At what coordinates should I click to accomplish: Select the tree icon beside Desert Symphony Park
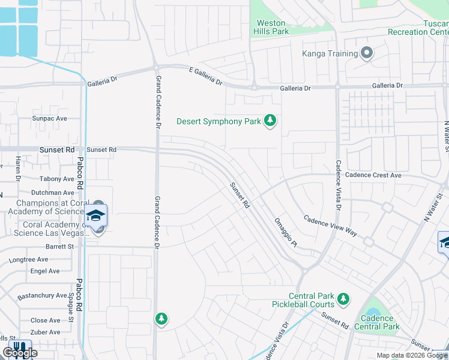271,121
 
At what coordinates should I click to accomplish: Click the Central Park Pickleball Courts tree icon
343,299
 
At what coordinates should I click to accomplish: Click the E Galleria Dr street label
205,76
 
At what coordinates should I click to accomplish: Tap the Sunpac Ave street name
49,119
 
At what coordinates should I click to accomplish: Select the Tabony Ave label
56,179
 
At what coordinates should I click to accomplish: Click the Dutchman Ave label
52,193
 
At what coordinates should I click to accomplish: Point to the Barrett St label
59,247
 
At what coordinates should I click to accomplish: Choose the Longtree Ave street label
28,260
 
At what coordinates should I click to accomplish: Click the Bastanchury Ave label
41,295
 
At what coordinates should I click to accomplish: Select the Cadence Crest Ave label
378,175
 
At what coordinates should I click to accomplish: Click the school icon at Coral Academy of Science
96,215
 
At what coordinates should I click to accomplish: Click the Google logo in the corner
19,353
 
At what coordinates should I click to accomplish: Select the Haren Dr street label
18,169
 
